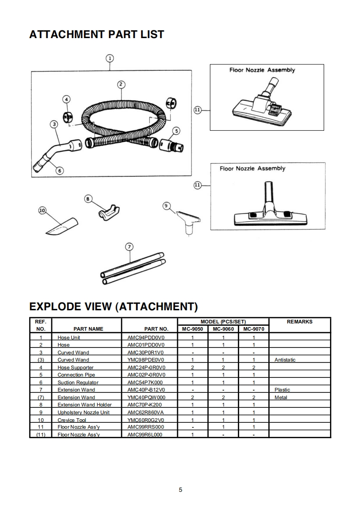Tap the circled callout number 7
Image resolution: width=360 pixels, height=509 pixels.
(x=129, y=247)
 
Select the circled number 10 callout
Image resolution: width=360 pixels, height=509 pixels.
(x=43, y=210)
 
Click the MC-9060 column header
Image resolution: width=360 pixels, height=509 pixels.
(x=223, y=329)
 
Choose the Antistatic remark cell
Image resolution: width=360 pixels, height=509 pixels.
(x=285, y=360)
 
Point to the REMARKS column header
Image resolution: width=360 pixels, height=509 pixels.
(x=300, y=322)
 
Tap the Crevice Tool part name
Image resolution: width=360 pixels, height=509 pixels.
(x=72, y=420)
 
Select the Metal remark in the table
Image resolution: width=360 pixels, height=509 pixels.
(x=281, y=397)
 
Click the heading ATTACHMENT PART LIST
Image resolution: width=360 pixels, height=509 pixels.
(x=96, y=34)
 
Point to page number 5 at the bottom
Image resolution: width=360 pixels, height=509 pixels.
(x=180, y=489)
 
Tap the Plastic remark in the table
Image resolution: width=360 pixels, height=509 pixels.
(x=282, y=390)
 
